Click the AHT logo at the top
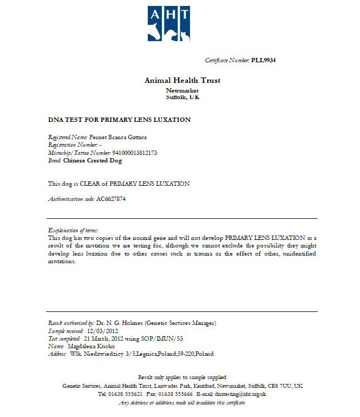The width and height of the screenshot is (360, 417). tap(169, 23)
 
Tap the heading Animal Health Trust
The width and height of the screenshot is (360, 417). tap(182, 80)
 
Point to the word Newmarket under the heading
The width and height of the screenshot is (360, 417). tap(182, 90)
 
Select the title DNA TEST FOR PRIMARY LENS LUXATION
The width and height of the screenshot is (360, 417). tap(119, 119)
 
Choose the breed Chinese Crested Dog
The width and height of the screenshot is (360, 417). tap(93, 160)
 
